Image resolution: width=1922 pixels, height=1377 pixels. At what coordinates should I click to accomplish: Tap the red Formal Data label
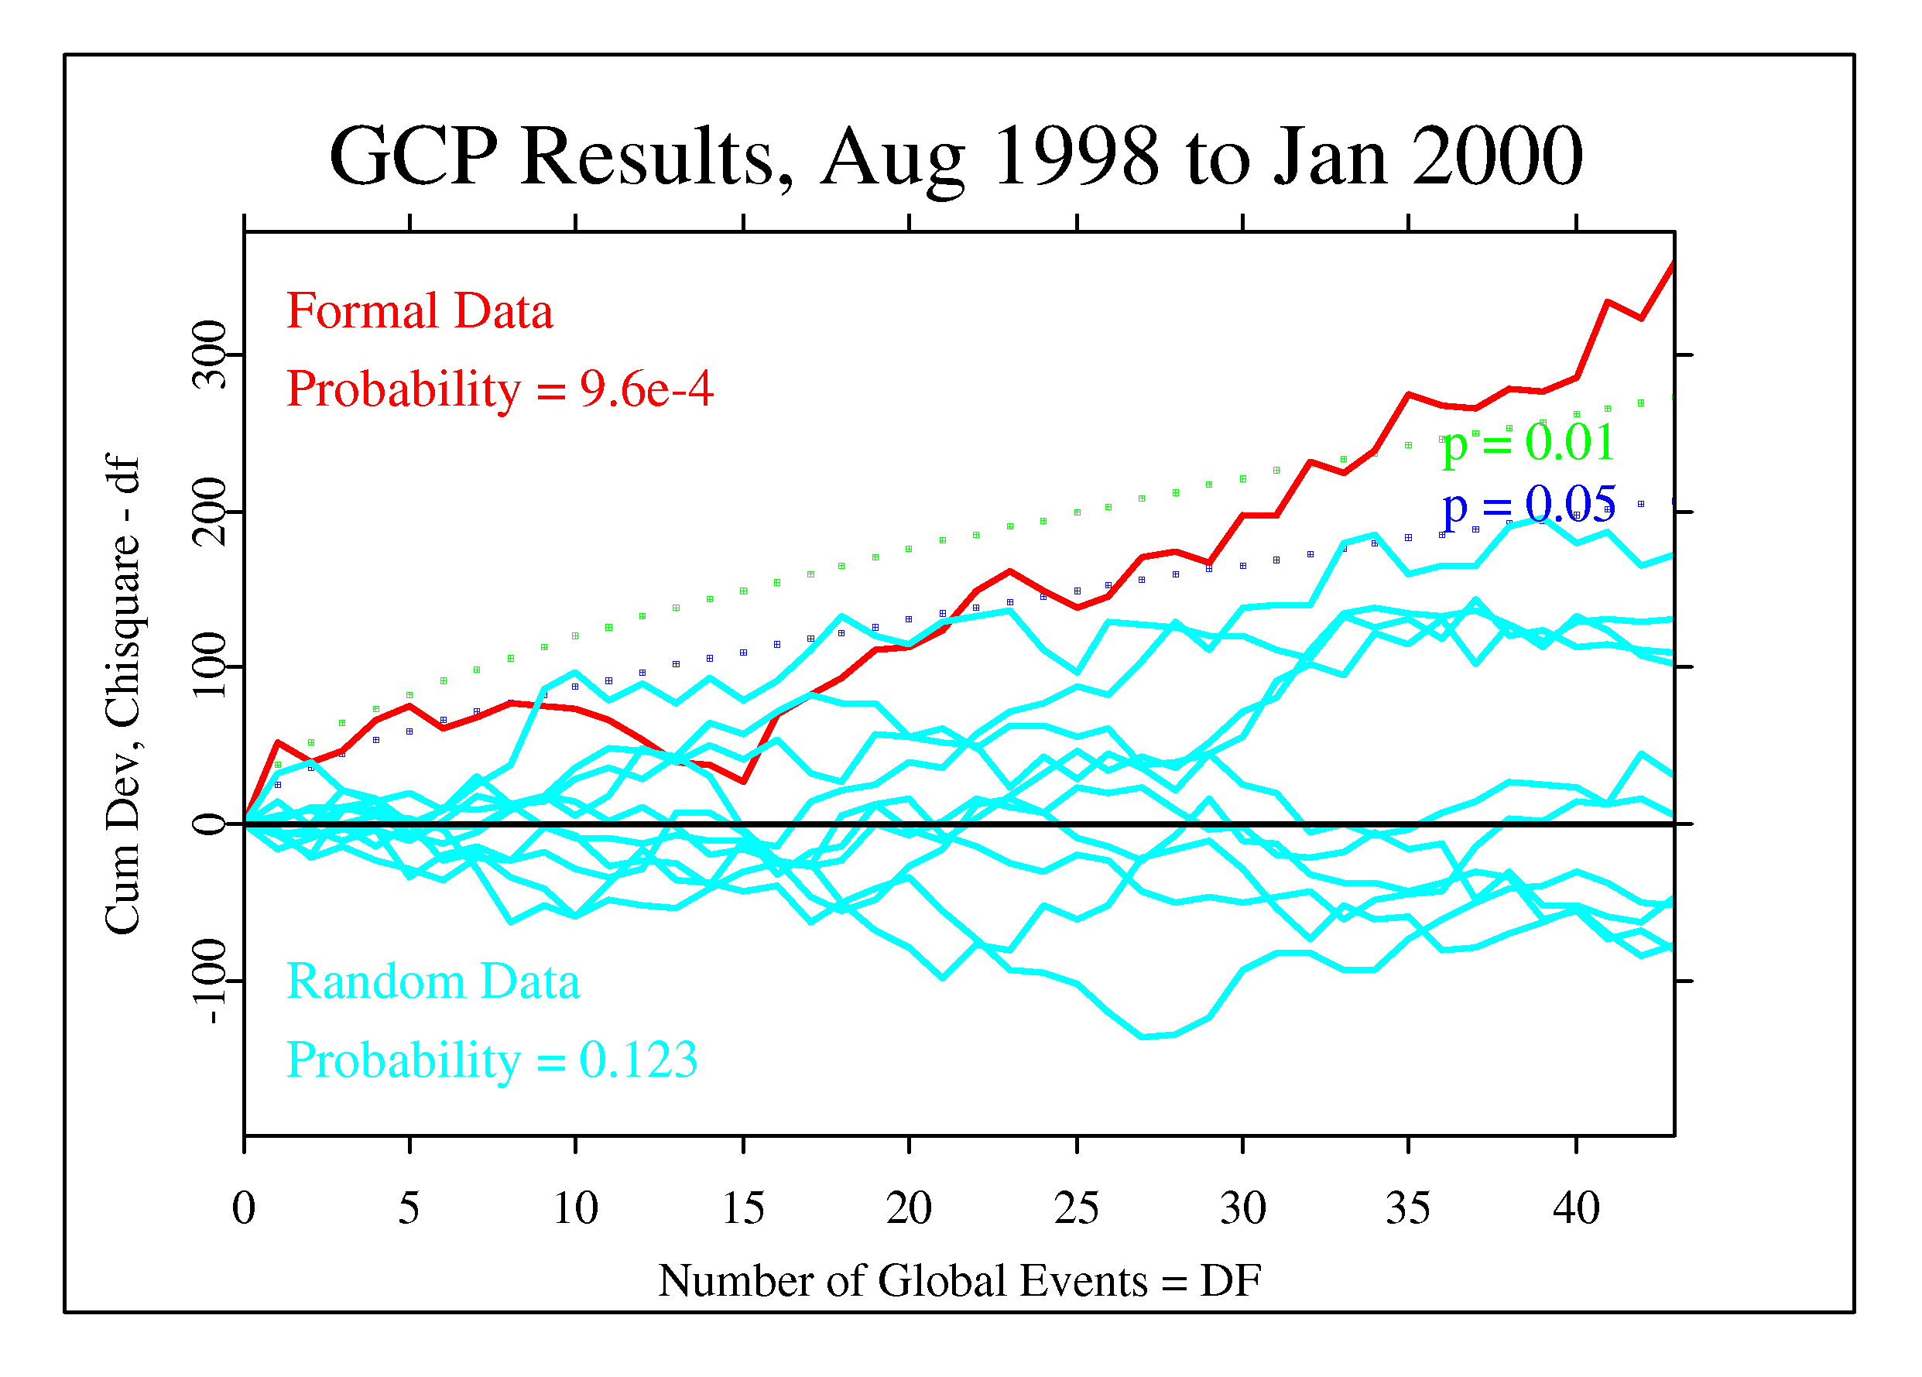420,311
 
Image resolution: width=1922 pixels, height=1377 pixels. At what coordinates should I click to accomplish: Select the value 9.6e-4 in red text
646,390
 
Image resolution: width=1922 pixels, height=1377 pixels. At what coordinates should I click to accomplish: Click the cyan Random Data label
433,982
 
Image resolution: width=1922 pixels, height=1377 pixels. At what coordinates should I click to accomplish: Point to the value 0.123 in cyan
638,1060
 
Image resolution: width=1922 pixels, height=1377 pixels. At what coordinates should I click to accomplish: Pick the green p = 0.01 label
1528,442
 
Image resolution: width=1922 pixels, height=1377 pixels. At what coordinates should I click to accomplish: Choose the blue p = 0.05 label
1528,506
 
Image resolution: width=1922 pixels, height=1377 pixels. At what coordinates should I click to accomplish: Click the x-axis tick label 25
1076,1208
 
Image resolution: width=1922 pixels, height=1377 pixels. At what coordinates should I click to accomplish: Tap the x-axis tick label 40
1575,1208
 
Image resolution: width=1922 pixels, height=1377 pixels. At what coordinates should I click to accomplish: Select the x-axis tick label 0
244,1208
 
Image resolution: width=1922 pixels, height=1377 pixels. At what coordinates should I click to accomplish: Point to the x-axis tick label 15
743,1208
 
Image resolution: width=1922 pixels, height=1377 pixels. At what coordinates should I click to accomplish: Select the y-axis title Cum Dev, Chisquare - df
123,695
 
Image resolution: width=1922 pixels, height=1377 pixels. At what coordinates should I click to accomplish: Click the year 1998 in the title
1074,157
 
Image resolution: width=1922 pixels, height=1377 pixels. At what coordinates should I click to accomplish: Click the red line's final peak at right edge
1673,265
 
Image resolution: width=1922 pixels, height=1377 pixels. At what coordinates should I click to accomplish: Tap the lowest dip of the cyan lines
1143,1036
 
